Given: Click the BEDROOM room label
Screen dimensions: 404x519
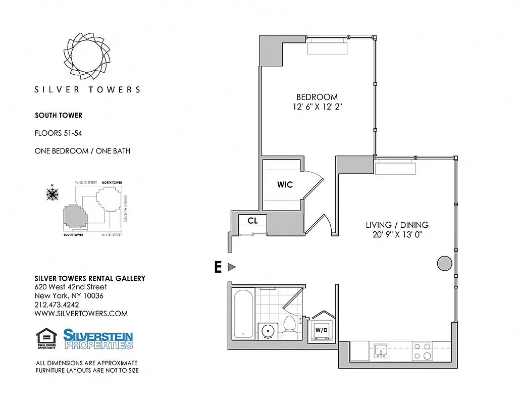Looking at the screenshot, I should pos(317,97).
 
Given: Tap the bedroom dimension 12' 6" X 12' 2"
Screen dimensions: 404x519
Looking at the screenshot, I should pos(317,107).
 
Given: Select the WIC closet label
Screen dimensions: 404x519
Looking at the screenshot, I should pos(284,184).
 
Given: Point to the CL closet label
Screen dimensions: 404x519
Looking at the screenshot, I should pos(252,221).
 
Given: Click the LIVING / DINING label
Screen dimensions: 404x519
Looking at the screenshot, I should pos(397,225).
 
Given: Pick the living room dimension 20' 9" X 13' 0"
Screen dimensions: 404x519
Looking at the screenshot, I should pos(397,235).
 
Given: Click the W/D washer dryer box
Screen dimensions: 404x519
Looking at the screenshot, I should pos(321,330).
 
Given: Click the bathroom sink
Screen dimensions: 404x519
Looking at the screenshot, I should pos(268,331).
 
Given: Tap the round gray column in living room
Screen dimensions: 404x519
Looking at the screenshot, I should pos(444,263).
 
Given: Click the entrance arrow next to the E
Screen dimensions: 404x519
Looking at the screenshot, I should pos(232,267).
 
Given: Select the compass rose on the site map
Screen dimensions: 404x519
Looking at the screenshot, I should pos(52,193).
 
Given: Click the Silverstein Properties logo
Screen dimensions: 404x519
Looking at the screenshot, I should pos(98,339).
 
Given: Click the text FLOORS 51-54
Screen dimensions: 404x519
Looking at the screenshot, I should pos(59,134).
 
